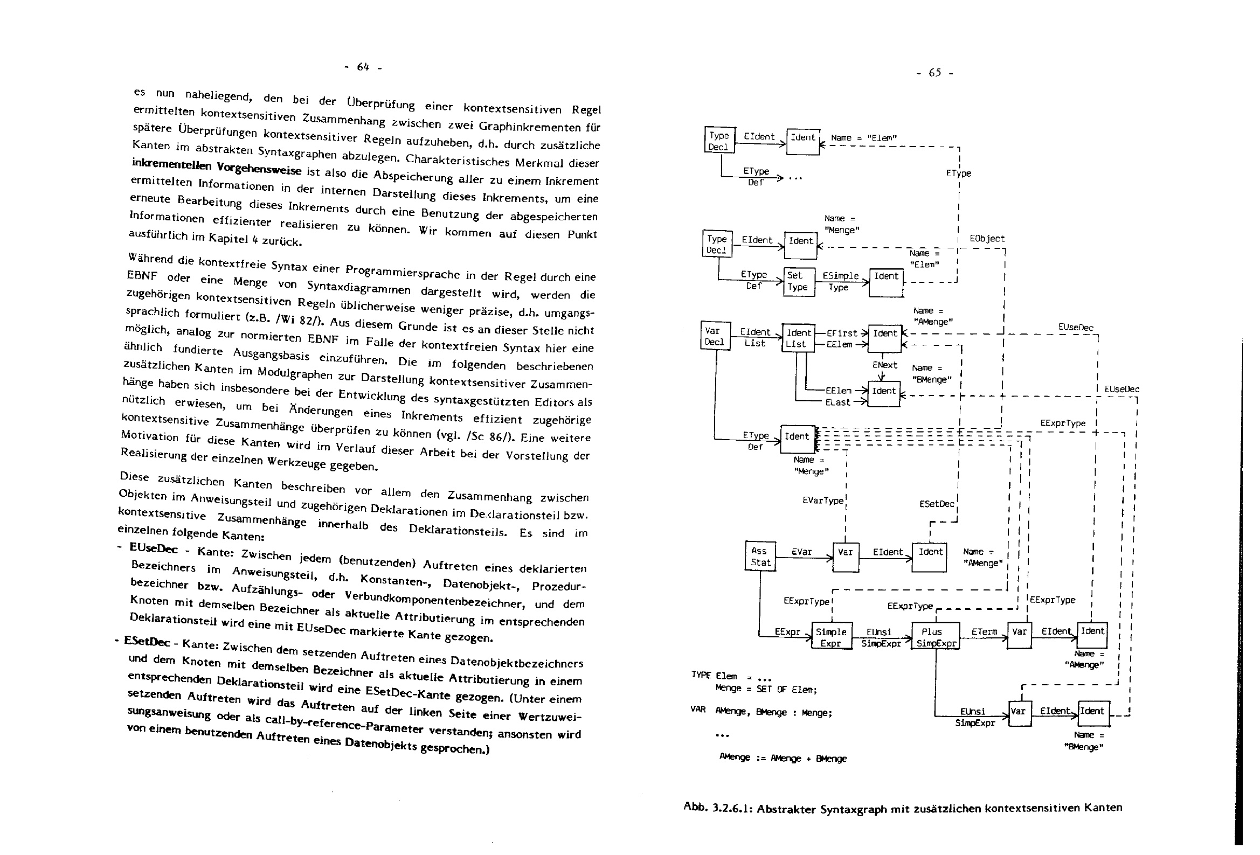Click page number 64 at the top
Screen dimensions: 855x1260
[x=363, y=67]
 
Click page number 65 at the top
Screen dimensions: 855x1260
[x=934, y=73]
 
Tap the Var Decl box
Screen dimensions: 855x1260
[x=715, y=336]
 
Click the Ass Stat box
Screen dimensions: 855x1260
[x=759, y=557]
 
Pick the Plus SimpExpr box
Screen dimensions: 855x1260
[x=934, y=636]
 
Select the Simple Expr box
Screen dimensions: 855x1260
[x=831, y=636]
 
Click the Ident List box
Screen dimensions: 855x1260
[x=799, y=338]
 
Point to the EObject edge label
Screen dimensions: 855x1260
[x=987, y=239]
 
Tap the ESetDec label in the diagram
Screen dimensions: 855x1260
[x=936, y=504]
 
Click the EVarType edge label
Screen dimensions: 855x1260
[x=823, y=501]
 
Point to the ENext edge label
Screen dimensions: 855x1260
[x=885, y=365]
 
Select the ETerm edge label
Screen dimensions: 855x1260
[x=984, y=631]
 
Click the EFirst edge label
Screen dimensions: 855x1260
[x=841, y=333]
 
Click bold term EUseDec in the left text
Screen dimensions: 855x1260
[x=154, y=548]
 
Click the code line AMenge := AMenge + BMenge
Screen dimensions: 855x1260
[x=783, y=757]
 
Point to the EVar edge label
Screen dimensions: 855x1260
[x=801, y=552]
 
